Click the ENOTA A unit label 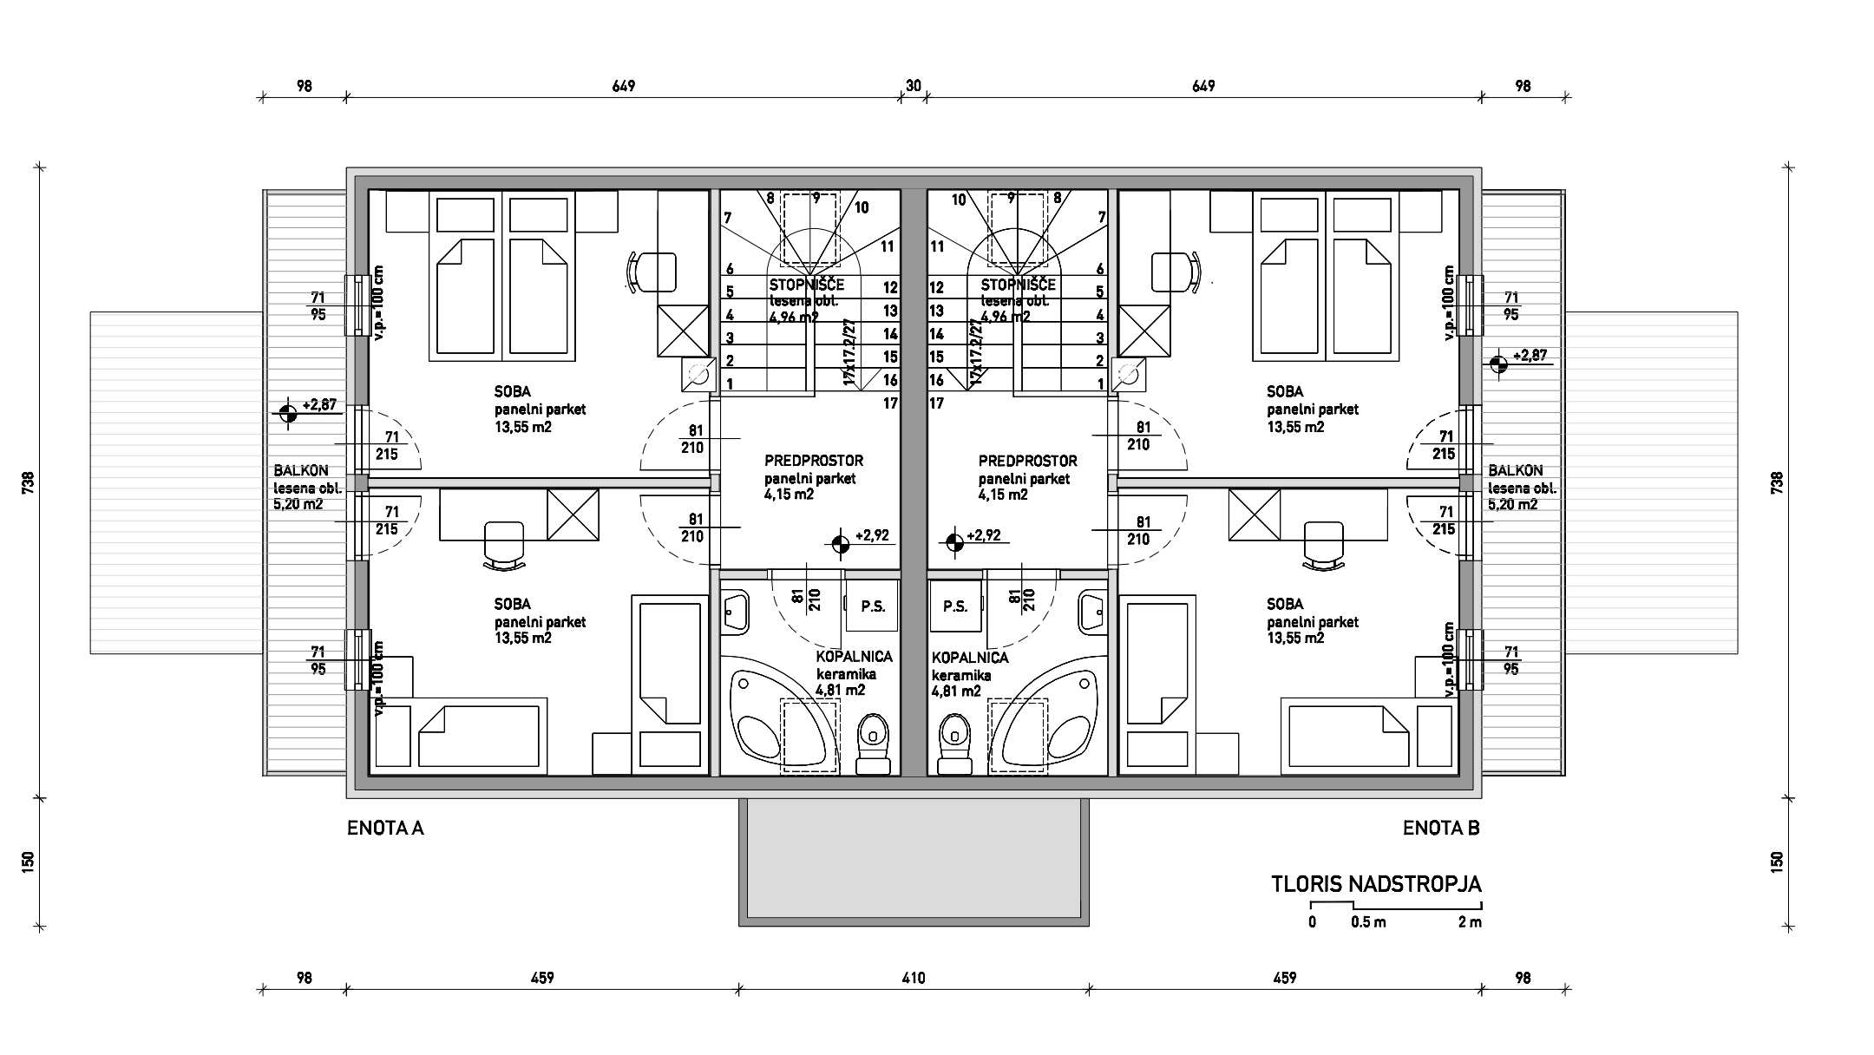point(385,829)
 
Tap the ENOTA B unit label point(1441,829)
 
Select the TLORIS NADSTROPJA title point(1376,885)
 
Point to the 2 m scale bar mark point(1470,922)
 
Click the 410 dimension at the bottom point(914,979)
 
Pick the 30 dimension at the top point(914,86)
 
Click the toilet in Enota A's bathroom point(873,744)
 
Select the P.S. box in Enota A point(873,606)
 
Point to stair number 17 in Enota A point(890,403)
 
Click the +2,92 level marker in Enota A point(840,544)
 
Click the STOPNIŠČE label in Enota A point(807,285)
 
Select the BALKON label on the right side point(1516,471)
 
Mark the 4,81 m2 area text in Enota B point(956,691)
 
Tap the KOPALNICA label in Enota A point(854,658)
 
